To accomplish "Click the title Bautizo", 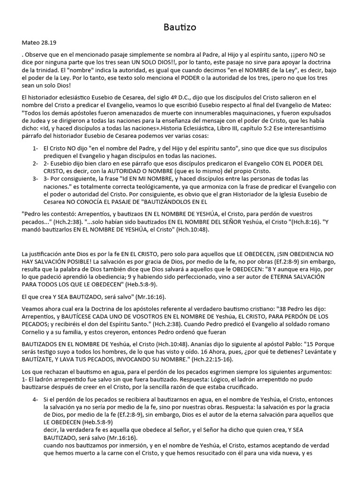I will (180, 27).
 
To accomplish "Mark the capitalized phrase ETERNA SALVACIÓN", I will (285, 277).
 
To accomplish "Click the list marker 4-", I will (36, 399).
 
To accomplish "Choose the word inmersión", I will (131, 445).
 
